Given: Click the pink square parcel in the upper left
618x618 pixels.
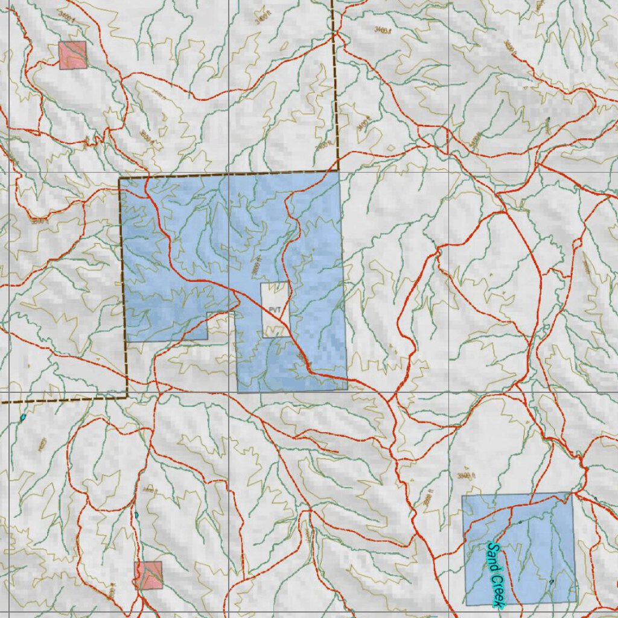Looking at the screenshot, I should pos(72,55).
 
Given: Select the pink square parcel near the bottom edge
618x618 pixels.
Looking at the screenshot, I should pos(148,575).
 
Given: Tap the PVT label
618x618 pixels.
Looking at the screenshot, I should pos(275,309).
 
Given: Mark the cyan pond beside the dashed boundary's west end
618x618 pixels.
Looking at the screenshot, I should pos(23,417).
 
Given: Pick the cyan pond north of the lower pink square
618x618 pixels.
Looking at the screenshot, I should pos(136,514).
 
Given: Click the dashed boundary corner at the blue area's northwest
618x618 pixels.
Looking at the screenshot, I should pos(119,179).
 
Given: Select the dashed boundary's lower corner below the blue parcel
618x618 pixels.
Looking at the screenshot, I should pos(127,397).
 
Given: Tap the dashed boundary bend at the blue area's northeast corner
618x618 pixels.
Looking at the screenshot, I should pos(338,172).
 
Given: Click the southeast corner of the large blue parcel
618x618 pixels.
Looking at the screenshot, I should pos(347,389).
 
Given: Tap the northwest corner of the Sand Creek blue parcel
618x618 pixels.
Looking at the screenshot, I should pos(463,496).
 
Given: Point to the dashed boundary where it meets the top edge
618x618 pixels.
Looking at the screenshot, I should pos(333,2).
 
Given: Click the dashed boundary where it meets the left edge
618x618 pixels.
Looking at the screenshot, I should pos(2,401).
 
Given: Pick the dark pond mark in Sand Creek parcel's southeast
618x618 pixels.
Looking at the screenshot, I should pos(550,581).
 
